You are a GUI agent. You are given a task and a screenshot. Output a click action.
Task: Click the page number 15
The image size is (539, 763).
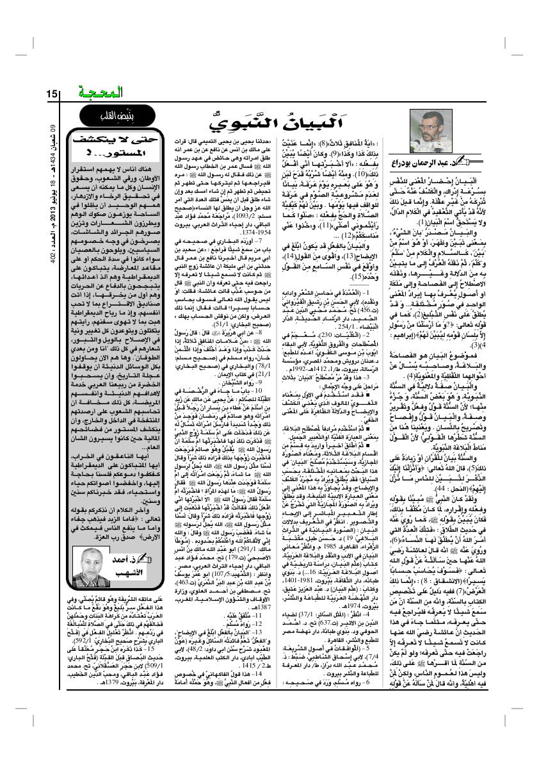tap(52, 95)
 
